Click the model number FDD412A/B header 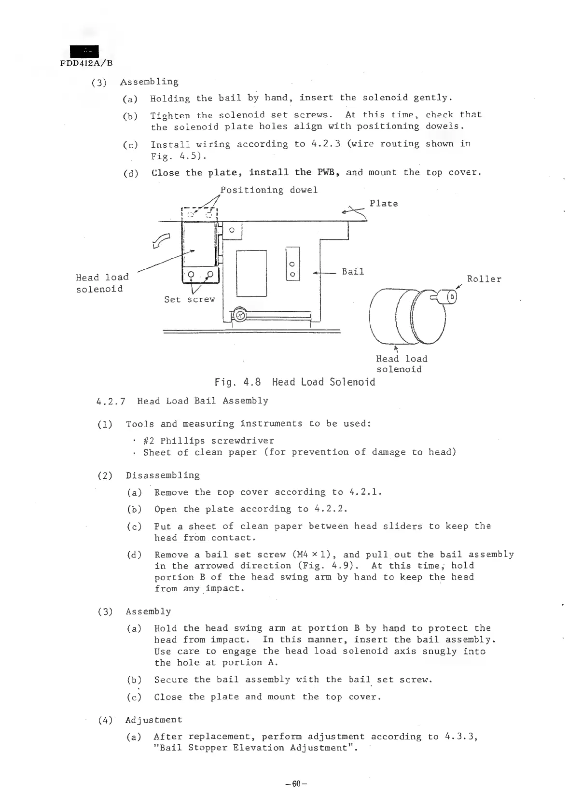[86, 63]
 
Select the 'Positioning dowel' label [269, 190]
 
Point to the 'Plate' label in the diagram [384, 203]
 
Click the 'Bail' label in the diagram [353, 271]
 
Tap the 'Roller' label [484, 279]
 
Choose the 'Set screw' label [189, 299]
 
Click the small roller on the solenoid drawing [452, 296]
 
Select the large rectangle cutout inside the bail [251, 273]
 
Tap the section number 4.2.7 [111, 401]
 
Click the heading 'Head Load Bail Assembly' [202, 401]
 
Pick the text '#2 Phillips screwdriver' [208, 441]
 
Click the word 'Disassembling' [163, 475]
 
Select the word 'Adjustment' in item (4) [154, 720]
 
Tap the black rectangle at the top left [84, 51]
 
